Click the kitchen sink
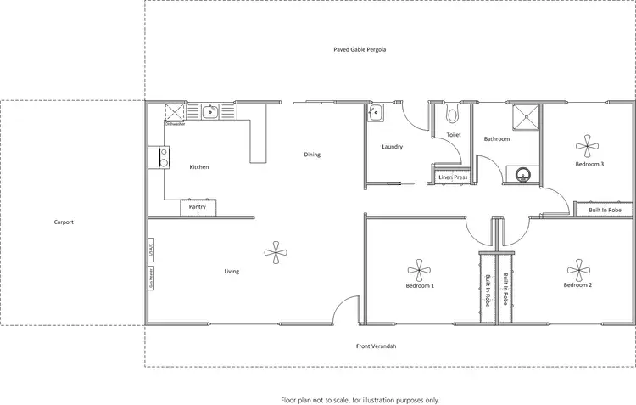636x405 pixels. [x=209, y=110]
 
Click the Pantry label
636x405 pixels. [x=197, y=206]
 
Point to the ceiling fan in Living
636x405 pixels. [x=274, y=250]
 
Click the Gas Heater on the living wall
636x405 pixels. [x=151, y=278]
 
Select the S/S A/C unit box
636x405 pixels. [x=151, y=250]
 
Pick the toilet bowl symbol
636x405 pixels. [x=452, y=114]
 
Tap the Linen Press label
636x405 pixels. [x=453, y=177]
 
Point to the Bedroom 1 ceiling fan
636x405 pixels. [x=419, y=271]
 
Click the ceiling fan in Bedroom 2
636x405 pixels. [x=578, y=271]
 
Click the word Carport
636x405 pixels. [x=64, y=222]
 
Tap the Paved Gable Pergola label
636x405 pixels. [x=360, y=50]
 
